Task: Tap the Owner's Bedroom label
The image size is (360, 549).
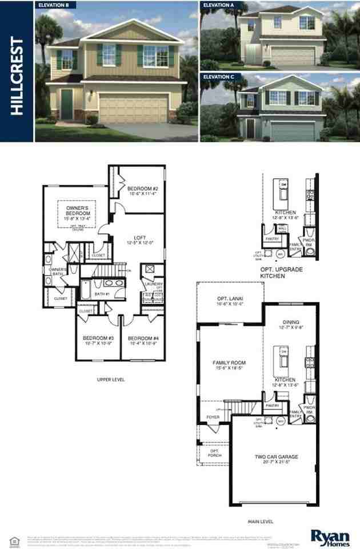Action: [x=77, y=212]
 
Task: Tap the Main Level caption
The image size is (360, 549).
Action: [x=260, y=522]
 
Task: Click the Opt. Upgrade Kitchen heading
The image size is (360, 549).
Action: [x=281, y=272]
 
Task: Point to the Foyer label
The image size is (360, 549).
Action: [x=213, y=417]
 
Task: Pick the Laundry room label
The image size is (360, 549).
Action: [x=154, y=284]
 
